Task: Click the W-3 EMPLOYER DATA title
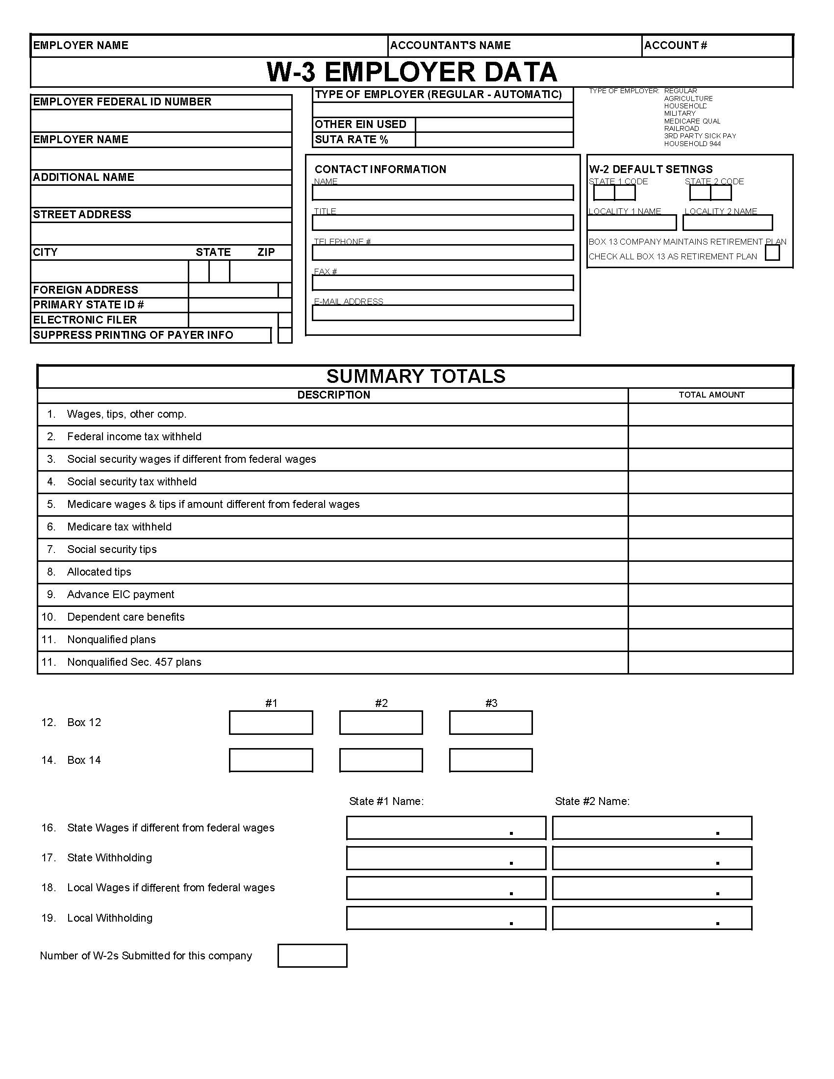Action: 411,72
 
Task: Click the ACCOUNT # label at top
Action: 675,46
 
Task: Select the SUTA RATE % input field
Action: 494,140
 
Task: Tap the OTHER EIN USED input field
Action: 494,125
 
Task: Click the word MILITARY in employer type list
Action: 680,113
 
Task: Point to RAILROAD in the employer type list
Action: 681,128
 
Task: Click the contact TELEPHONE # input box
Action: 442,252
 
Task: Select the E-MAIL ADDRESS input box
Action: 442,313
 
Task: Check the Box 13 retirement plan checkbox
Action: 772,253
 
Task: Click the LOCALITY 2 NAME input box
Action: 727,223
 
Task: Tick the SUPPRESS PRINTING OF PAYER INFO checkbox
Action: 284,335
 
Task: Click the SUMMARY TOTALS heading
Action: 415,376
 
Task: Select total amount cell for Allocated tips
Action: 710,572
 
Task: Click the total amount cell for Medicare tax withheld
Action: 710,527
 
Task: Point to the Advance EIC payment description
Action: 121,594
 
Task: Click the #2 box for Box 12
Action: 380,722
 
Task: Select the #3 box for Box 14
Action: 491,760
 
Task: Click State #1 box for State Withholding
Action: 446,858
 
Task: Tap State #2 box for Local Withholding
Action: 652,918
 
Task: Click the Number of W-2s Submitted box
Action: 312,955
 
